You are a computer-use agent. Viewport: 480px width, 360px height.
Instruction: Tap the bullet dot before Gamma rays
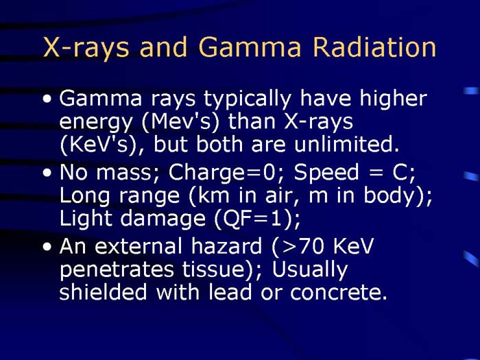(47, 100)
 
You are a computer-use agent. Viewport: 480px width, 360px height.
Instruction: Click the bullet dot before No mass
(47, 175)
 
